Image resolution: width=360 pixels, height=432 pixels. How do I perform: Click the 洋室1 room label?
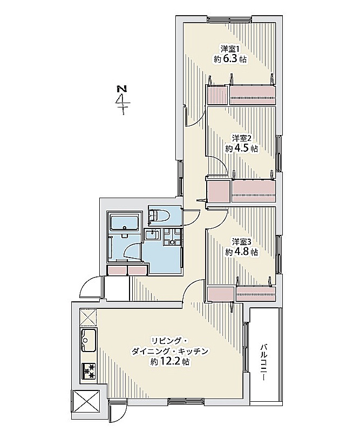click(231, 49)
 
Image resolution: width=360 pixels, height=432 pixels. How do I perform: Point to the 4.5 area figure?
click(241, 148)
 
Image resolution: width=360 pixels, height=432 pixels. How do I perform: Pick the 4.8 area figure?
click(241, 252)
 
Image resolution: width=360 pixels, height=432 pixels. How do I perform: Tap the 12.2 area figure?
click(169, 362)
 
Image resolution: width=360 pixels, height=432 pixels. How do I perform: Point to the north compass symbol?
click(122, 100)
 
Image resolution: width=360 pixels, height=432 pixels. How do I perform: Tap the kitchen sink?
click(89, 340)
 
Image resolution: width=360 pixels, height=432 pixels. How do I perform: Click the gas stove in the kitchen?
click(89, 371)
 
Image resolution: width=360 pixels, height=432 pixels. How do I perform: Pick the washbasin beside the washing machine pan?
click(152, 236)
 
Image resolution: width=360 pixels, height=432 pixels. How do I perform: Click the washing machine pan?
click(172, 237)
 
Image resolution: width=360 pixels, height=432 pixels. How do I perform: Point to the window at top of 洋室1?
click(229, 19)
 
